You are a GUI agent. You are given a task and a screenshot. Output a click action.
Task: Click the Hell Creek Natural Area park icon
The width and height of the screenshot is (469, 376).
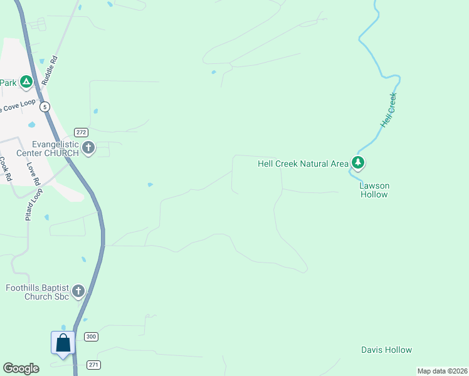(x=358, y=164)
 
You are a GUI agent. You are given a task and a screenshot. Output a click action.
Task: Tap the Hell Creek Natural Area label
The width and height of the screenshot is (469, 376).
(x=303, y=164)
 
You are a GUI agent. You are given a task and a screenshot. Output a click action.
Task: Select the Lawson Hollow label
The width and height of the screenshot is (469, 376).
(x=374, y=190)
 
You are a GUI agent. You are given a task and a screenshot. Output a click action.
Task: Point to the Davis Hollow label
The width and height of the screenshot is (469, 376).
(x=387, y=350)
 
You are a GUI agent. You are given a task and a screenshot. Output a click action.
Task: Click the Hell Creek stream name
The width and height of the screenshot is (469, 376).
(x=389, y=110)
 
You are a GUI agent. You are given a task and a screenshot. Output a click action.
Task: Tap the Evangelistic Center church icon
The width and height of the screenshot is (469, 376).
(x=88, y=149)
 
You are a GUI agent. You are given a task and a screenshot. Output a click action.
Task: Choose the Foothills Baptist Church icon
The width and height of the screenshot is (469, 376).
(x=78, y=291)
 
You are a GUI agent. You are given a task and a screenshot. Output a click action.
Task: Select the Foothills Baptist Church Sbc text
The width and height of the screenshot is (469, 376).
(x=37, y=292)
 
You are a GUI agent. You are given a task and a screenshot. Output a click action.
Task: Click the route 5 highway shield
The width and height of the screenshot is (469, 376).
(x=45, y=107)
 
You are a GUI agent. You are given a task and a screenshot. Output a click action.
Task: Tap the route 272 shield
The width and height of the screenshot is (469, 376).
(x=81, y=132)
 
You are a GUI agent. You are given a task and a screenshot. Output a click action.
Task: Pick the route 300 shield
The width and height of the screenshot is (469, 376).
(x=92, y=337)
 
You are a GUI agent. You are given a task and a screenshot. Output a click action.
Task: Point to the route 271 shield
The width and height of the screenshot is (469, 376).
(x=94, y=365)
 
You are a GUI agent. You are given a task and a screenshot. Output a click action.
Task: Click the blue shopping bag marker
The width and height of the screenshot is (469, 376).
(x=63, y=344)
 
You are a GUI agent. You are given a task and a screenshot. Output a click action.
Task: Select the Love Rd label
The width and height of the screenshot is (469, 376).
(x=33, y=174)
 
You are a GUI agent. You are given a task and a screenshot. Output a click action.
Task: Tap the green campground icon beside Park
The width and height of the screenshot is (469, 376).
(x=26, y=81)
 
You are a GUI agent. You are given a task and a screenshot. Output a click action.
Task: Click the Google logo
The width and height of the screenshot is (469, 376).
(x=21, y=368)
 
